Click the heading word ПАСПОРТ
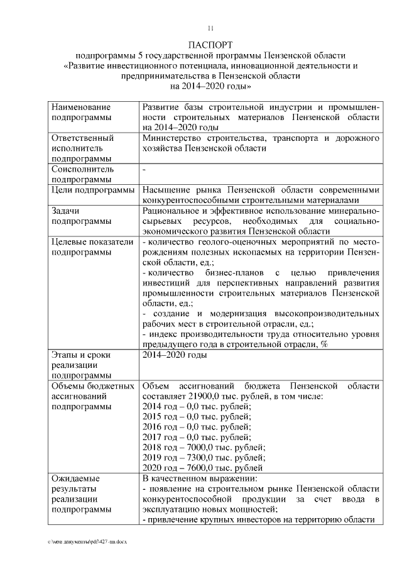click(210, 45)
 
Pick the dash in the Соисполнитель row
click(144, 170)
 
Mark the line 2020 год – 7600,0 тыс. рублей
click(203, 468)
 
